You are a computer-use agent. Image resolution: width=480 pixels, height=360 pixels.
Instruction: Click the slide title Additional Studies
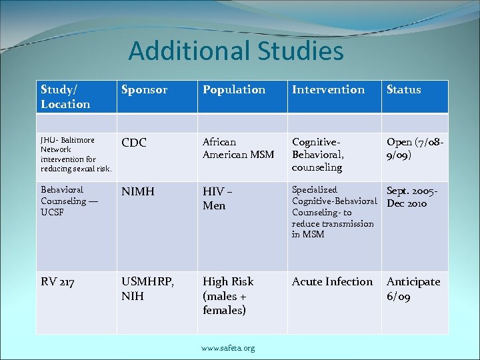coord(236,51)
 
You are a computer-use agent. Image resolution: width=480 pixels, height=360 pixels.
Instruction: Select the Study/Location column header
coord(65,97)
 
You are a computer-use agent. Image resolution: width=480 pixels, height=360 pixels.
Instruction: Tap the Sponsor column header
coord(143,89)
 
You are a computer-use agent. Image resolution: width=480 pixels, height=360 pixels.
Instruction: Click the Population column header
coord(234,89)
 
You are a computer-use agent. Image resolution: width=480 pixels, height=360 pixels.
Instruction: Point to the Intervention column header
coord(329,89)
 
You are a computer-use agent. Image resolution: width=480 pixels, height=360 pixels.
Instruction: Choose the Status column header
coord(404,89)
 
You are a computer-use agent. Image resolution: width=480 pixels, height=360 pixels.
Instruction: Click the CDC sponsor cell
coord(135,142)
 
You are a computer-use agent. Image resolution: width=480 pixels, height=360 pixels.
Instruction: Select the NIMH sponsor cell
coord(138,191)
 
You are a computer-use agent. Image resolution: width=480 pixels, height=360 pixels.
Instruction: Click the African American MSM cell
coord(238,148)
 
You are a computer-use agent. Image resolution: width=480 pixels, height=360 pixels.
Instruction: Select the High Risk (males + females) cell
coord(228,295)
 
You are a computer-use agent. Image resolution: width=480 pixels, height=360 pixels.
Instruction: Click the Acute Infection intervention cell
coord(332,281)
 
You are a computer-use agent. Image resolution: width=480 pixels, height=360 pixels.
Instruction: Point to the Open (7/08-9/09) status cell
coord(415,148)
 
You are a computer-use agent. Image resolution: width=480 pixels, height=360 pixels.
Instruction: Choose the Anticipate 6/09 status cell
coord(413,289)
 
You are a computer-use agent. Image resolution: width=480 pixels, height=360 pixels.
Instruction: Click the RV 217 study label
coord(58,281)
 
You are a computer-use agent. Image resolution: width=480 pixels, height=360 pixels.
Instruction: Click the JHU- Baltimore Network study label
coord(75,154)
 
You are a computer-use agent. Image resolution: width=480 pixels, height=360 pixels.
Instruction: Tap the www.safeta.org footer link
coord(228,348)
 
